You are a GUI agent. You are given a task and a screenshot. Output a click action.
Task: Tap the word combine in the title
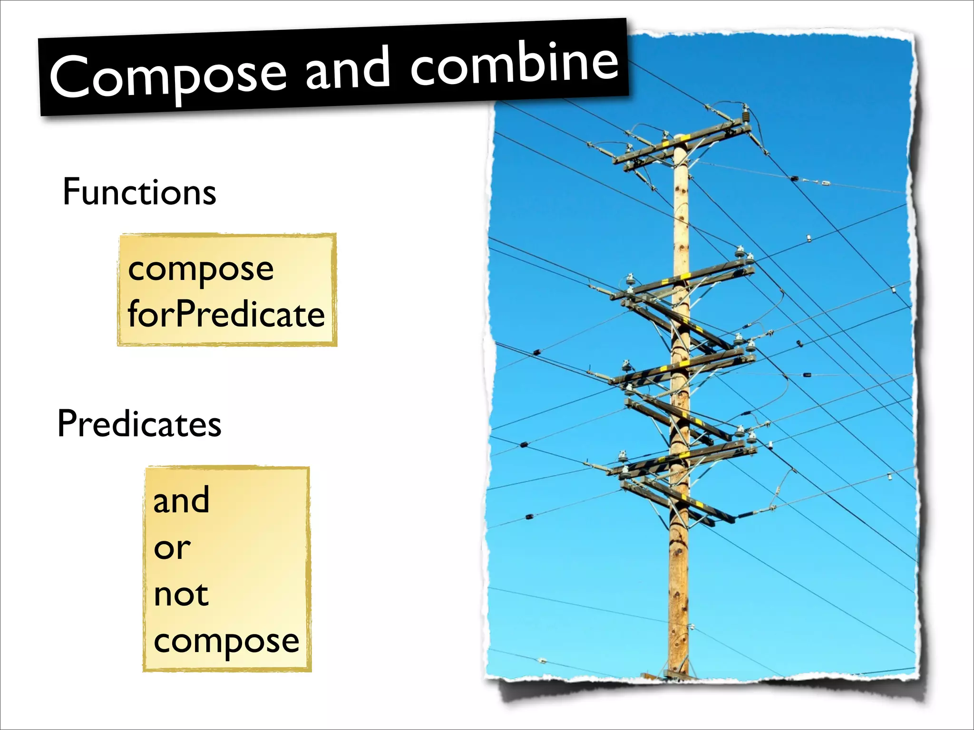tap(515, 65)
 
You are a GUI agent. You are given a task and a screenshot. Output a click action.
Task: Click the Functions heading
tap(139, 192)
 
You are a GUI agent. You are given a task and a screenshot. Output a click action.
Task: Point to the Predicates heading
tap(139, 423)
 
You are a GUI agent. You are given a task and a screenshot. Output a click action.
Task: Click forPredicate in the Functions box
tap(226, 315)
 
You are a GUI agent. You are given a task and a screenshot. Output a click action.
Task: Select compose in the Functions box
tap(201, 269)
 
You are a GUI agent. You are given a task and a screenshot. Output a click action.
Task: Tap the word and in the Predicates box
tap(181, 500)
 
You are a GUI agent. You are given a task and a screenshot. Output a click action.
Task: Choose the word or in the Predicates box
tap(172, 548)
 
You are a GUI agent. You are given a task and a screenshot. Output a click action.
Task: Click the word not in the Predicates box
tap(181, 595)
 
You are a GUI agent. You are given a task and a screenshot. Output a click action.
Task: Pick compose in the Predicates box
tap(226, 642)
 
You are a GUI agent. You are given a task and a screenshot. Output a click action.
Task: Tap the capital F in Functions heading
tap(71, 192)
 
